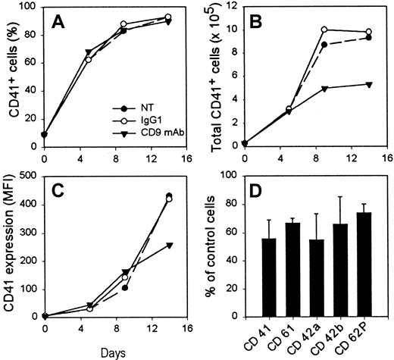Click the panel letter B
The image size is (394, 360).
click(x=263, y=25)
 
